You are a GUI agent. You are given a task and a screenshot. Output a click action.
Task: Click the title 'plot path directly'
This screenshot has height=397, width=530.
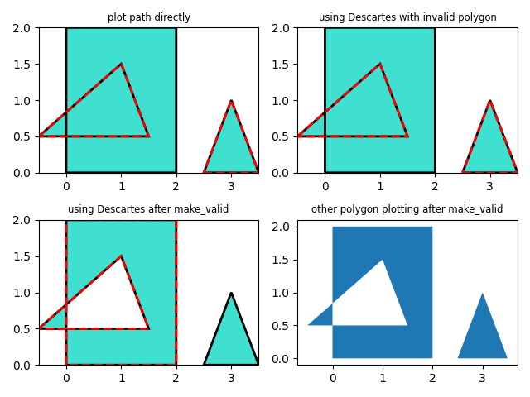pos(149,17)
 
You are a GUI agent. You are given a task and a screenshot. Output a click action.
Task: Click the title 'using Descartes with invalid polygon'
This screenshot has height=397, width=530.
pos(407,17)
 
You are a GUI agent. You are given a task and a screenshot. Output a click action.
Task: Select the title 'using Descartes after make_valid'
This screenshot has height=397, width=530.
pos(148,209)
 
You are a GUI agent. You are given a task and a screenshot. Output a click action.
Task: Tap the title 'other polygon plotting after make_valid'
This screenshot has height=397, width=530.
pos(407,209)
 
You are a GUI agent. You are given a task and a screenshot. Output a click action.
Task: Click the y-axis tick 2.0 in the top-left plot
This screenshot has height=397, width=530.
pos(23,28)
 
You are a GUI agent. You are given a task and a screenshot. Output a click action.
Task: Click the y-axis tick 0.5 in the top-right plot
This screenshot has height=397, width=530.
pos(282,136)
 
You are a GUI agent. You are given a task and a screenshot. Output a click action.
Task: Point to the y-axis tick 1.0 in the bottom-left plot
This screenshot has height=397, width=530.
pos(23,293)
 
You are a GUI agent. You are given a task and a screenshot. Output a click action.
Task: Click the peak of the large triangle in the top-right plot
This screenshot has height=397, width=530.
pos(380,64)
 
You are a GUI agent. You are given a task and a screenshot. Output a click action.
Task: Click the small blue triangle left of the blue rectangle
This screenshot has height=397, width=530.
pos(323,318)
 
